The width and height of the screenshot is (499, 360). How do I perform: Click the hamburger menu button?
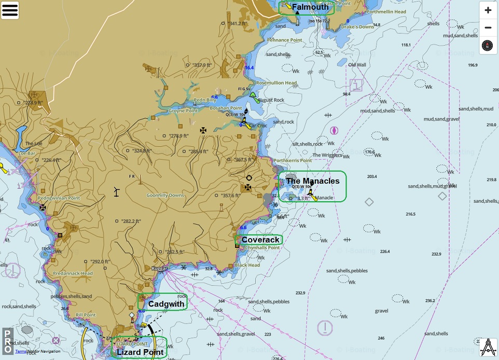10,10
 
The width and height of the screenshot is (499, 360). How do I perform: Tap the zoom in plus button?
488,10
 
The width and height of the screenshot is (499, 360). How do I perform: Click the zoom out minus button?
488,27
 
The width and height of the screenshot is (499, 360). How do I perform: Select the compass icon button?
488,46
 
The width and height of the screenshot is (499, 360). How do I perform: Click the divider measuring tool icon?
488,347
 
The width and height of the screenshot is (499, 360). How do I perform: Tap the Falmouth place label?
310,7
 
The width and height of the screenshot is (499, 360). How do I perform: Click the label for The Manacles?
312,181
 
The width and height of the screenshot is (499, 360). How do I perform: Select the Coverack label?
260,240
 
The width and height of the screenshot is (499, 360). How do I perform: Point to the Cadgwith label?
166,303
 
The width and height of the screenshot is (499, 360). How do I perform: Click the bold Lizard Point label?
140,352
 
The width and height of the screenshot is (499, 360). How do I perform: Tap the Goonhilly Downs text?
165,196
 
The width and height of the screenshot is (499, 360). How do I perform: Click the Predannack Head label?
73,273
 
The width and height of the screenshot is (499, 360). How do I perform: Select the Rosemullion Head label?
276,83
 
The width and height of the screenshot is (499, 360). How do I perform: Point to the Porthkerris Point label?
293,161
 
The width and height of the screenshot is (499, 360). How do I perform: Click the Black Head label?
247,265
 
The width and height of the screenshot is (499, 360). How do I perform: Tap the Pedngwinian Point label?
59,198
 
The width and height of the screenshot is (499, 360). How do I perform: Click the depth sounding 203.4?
371,177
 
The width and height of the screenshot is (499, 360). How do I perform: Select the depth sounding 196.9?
472,65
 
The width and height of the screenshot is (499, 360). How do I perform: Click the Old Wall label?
357,65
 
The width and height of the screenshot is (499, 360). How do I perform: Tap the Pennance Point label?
285,40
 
